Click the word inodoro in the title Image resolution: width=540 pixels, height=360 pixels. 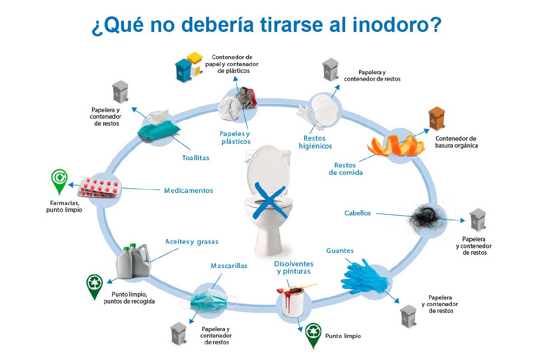(x=397, y=25)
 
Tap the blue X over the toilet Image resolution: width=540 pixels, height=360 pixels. (x=270, y=201)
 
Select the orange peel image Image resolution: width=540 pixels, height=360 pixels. (x=396, y=145)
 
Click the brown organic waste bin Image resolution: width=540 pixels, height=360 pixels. (x=437, y=118)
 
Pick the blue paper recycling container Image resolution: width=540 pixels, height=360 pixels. (x=184, y=71)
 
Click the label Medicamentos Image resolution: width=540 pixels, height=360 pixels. (x=188, y=191)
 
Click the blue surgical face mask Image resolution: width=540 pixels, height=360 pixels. (x=209, y=300)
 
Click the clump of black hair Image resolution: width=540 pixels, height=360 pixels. (x=426, y=218)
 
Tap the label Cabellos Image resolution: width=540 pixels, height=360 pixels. (x=357, y=213)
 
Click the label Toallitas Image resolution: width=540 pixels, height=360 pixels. (x=196, y=158)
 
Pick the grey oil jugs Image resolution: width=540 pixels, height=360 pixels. (x=133, y=261)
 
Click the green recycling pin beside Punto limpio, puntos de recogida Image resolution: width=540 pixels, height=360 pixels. (x=95, y=287)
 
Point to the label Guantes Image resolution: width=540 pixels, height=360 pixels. (x=340, y=251)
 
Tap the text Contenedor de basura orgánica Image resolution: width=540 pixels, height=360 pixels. (x=456, y=142)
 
